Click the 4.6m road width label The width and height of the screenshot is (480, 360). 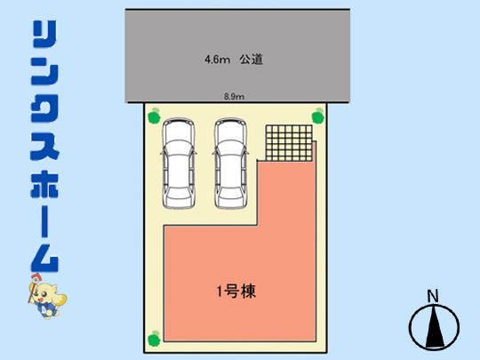pyautogui.click(x=217, y=59)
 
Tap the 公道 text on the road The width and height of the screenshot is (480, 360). pyautogui.click(x=252, y=59)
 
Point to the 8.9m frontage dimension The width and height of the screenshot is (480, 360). pyautogui.click(x=234, y=97)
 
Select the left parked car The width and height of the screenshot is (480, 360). pyautogui.click(x=178, y=164)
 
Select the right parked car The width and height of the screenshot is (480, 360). pyautogui.click(x=230, y=164)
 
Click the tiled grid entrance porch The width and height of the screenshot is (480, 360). pyautogui.click(x=289, y=143)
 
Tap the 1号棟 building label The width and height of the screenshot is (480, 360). pyautogui.click(x=236, y=292)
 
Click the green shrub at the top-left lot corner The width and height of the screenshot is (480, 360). pyautogui.click(x=154, y=116)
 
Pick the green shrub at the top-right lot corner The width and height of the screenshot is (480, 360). pyautogui.click(x=318, y=116)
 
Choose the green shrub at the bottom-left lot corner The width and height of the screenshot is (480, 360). pyautogui.click(x=154, y=339)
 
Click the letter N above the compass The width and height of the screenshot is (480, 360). pyautogui.click(x=433, y=296)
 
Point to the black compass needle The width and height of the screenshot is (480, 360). pyautogui.click(x=435, y=326)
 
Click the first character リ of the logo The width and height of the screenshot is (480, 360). pyautogui.click(x=44, y=34)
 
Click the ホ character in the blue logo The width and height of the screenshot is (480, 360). pyautogui.click(x=44, y=184)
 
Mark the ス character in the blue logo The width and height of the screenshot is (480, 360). pyautogui.click(x=44, y=147)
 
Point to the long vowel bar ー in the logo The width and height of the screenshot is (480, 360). pyautogui.click(x=44, y=221)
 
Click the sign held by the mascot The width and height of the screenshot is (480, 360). pyautogui.click(x=36, y=279)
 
